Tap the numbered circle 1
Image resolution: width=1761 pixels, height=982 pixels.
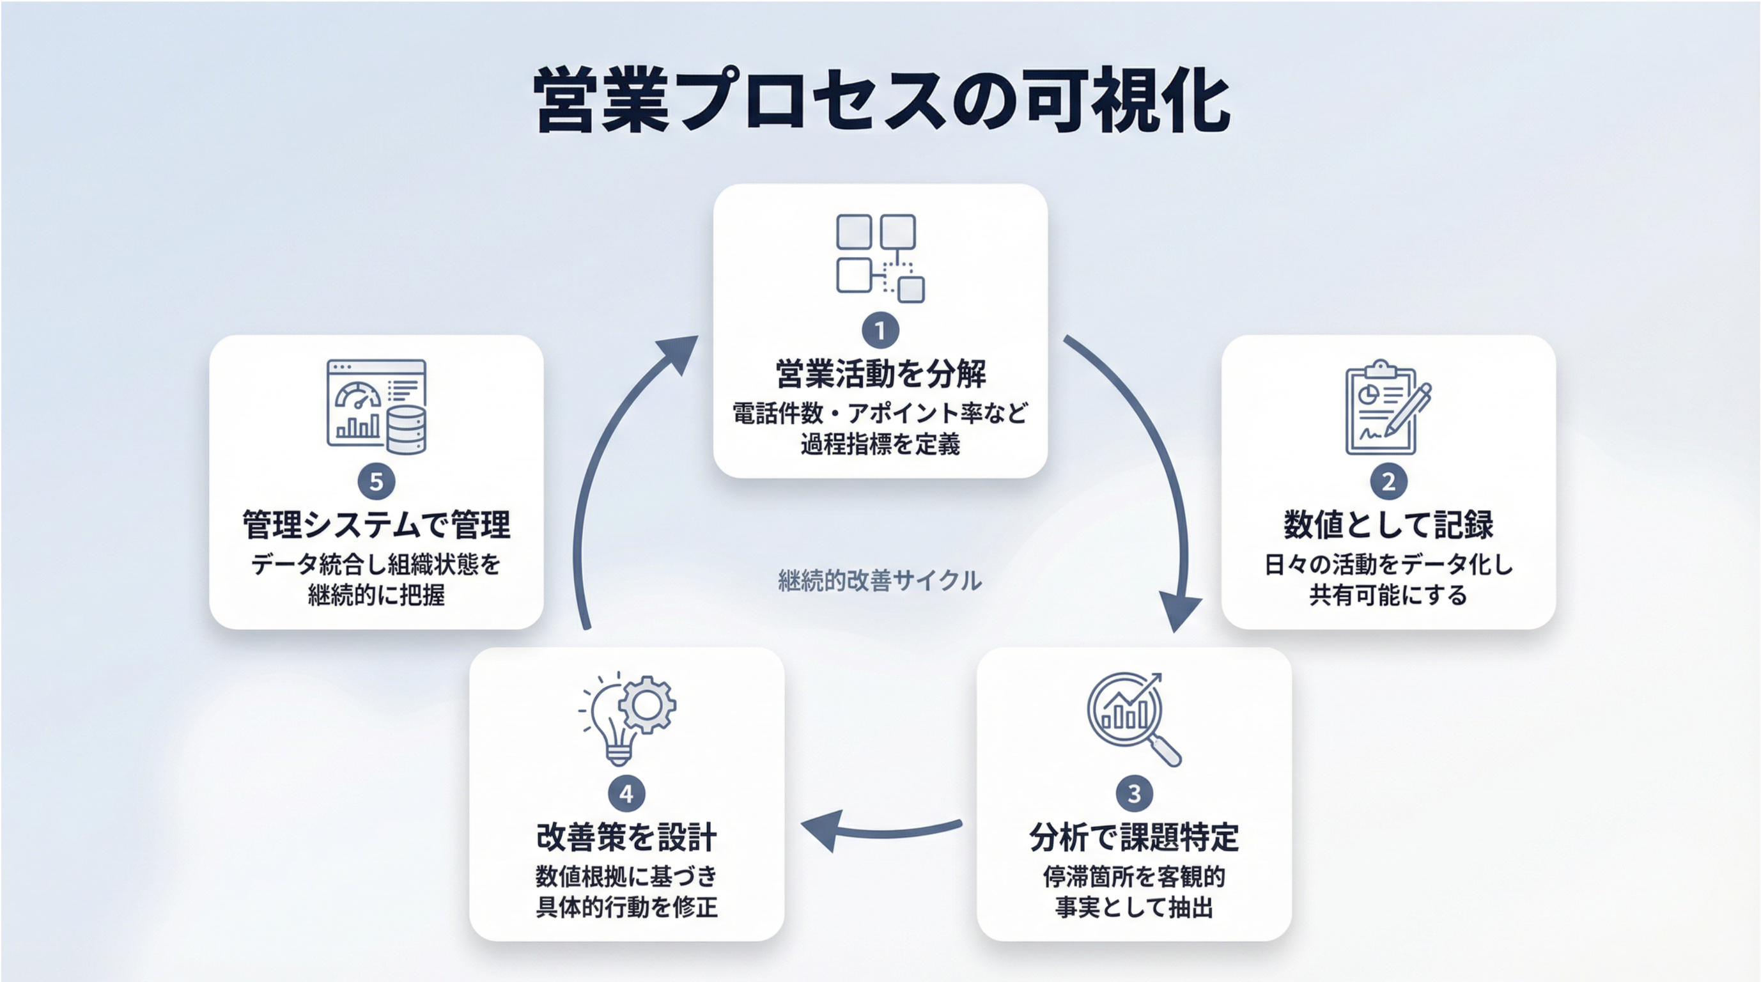pyautogui.click(x=880, y=331)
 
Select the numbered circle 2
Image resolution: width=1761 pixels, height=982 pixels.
pyautogui.click(x=1388, y=482)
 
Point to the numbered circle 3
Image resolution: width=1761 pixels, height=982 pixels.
pyautogui.click(x=1134, y=794)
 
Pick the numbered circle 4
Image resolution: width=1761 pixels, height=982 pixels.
pyautogui.click(x=626, y=794)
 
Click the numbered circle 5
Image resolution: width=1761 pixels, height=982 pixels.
pyautogui.click(x=376, y=482)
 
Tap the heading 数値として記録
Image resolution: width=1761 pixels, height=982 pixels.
pyautogui.click(x=1388, y=525)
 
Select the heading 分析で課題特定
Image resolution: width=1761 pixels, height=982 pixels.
pyautogui.click(x=1134, y=838)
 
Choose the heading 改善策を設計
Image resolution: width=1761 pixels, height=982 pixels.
pyautogui.click(x=626, y=838)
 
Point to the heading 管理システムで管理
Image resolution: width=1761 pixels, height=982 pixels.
pyautogui.click(x=376, y=525)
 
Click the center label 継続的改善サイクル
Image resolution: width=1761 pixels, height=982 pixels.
pyautogui.click(x=880, y=581)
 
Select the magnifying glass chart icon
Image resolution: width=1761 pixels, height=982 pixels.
pyautogui.click(x=1134, y=719)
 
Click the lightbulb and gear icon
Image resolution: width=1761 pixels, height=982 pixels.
pyautogui.click(x=627, y=718)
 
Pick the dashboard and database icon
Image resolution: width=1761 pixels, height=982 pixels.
pyautogui.click(x=376, y=407)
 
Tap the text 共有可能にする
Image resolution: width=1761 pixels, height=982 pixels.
pyautogui.click(x=1388, y=596)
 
